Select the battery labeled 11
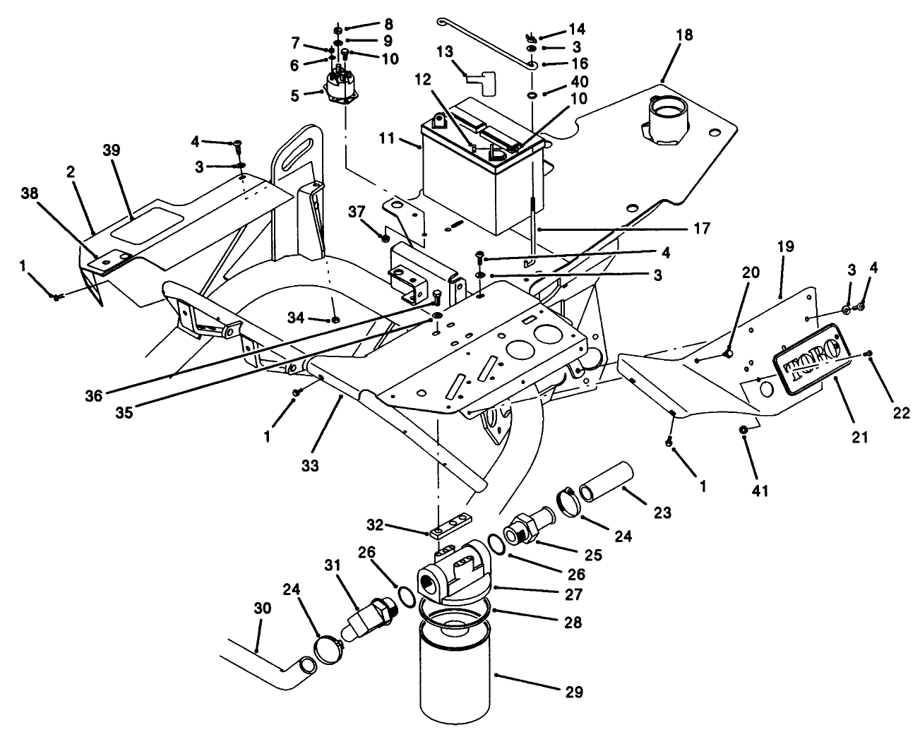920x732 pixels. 480,176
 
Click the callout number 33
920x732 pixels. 310,465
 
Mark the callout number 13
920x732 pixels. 443,52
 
